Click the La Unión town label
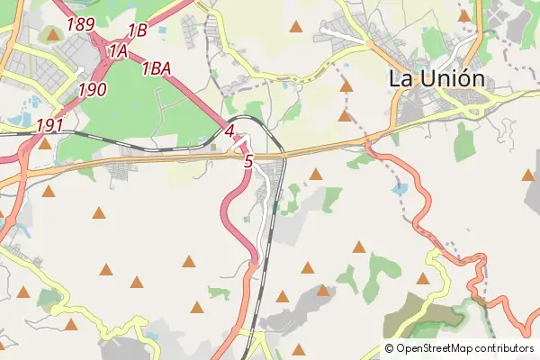(436, 78)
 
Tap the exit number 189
(80, 24)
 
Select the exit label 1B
(137, 30)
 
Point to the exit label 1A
(118, 52)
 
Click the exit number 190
(93, 88)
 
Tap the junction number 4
(229, 130)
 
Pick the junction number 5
(248, 161)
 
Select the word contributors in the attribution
(505, 348)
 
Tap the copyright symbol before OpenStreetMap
(390, 348)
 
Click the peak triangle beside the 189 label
(52, 35)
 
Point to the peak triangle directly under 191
(45, 142)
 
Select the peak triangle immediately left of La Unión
(346, 86)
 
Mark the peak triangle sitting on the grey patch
(323, 290)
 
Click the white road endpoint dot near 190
(80, 70)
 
